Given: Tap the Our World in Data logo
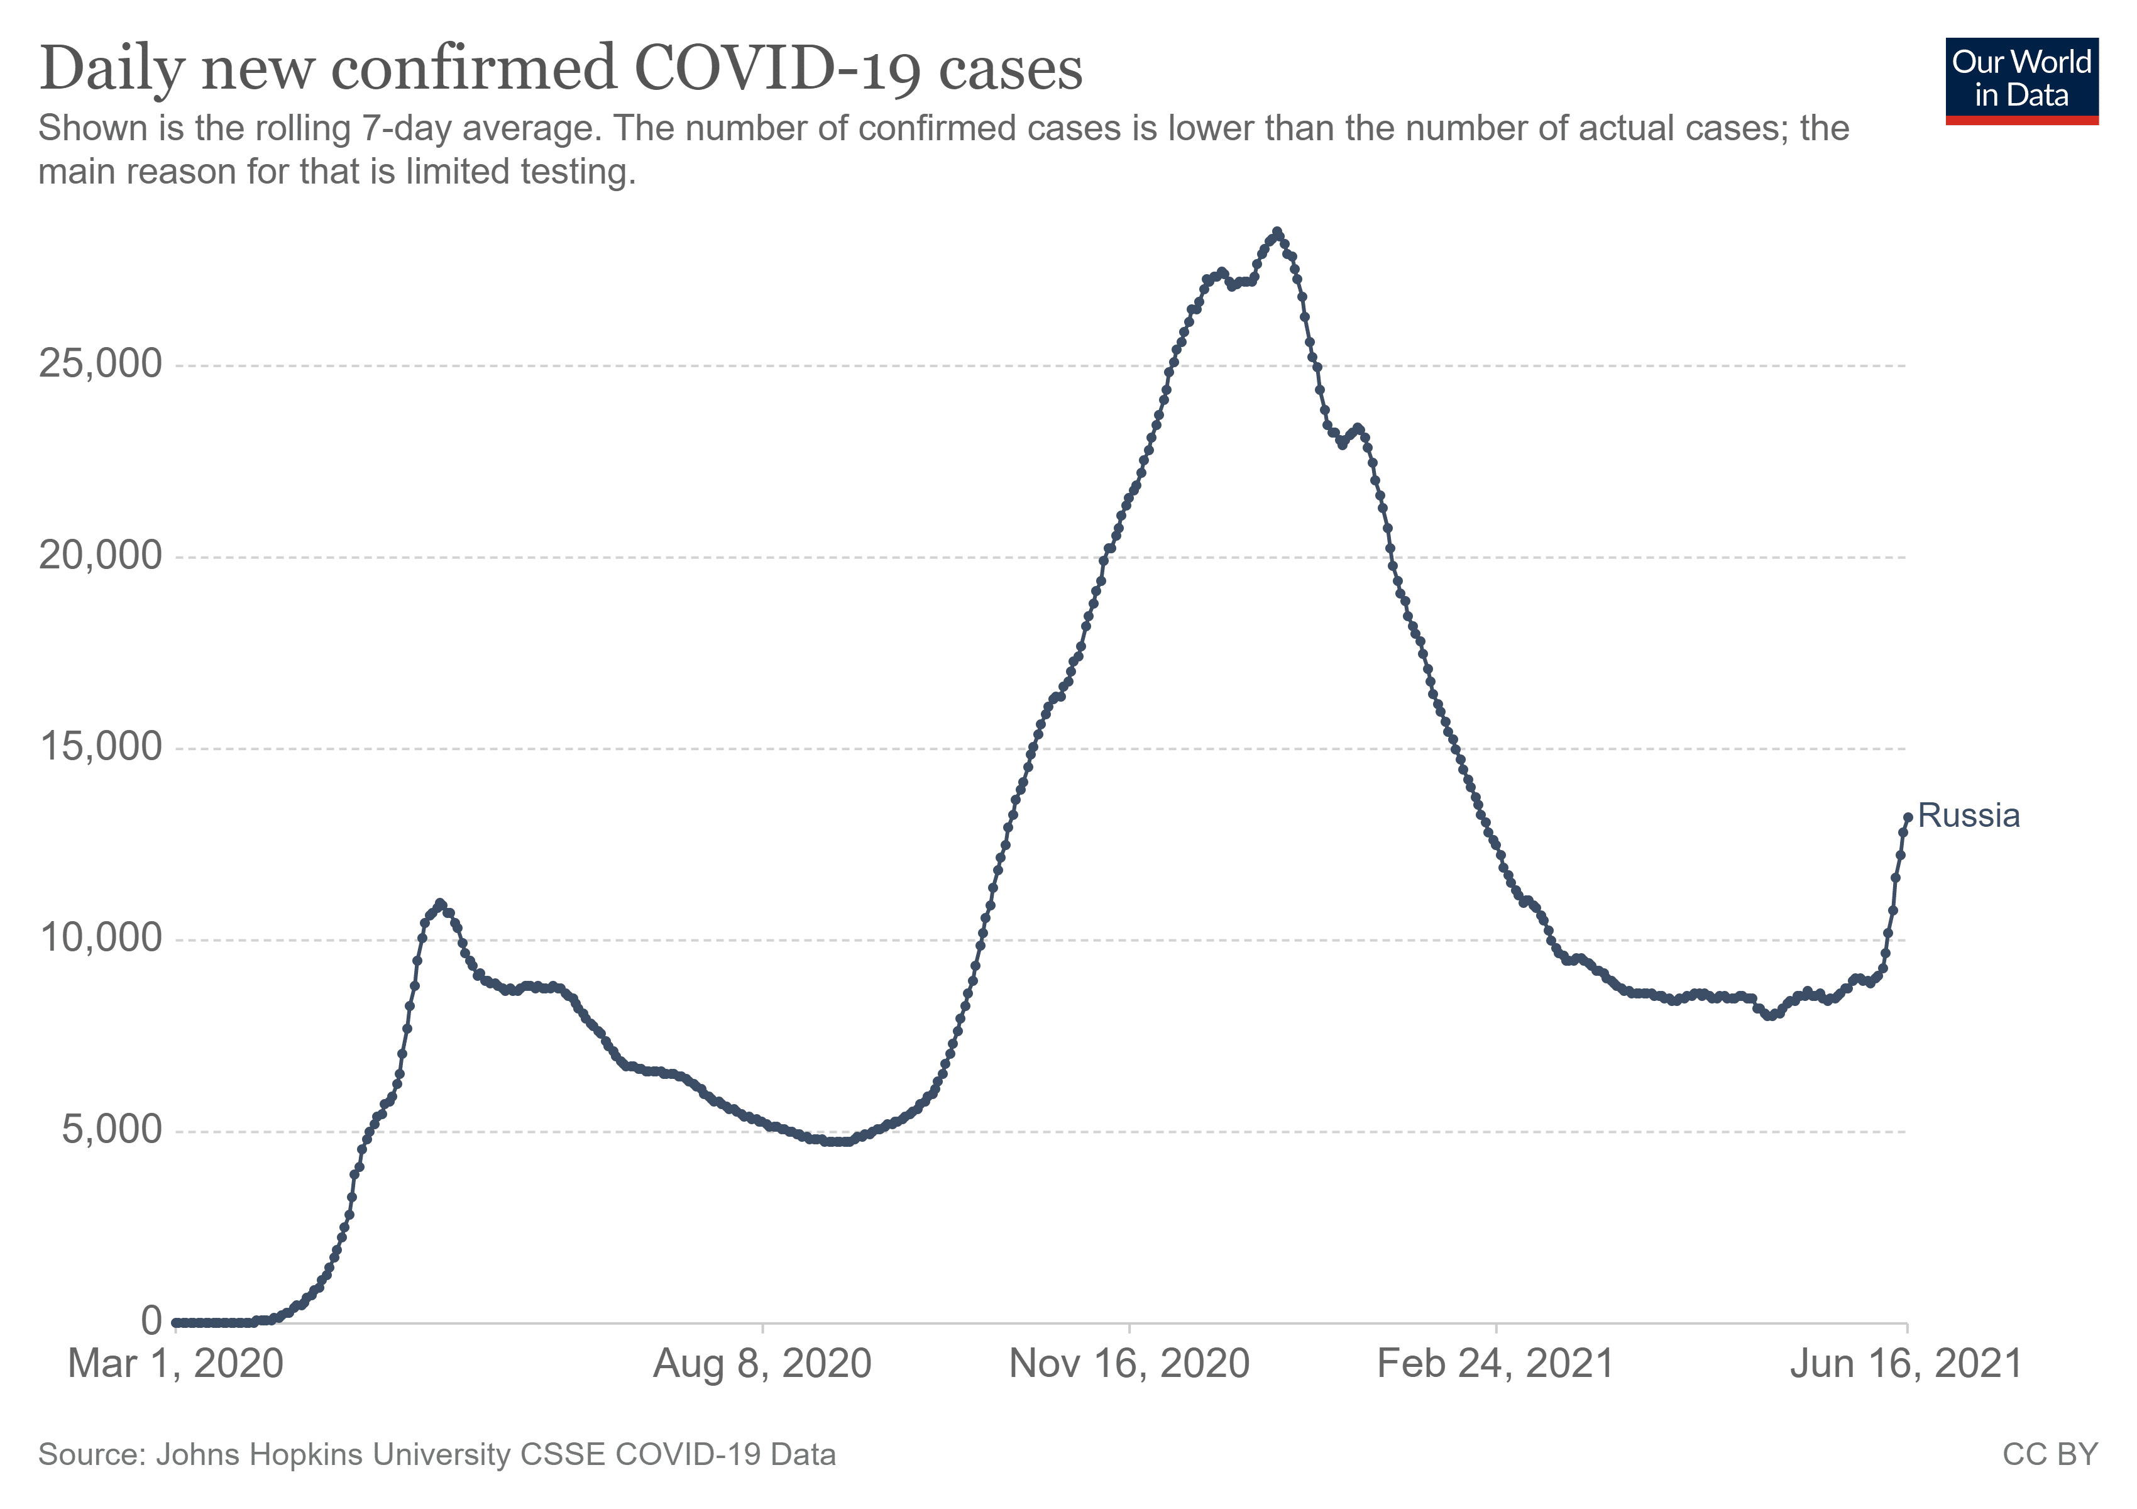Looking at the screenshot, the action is click(2021, 81).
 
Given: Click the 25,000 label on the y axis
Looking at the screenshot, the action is click(101, 364).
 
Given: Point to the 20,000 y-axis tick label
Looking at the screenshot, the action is click(101, 556).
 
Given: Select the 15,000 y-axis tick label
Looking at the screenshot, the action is click(101, 748).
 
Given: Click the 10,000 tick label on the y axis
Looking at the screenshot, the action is click(101, 938).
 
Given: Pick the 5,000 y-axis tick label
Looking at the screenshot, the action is click(112, 1130).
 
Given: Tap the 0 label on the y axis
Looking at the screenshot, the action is click(151, 1321).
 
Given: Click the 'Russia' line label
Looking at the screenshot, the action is click(1969, 816).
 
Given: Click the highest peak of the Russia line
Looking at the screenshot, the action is click(1277, 232).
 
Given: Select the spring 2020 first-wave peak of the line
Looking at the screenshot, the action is click(440, 903).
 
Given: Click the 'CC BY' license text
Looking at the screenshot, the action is click(2050, 1455).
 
